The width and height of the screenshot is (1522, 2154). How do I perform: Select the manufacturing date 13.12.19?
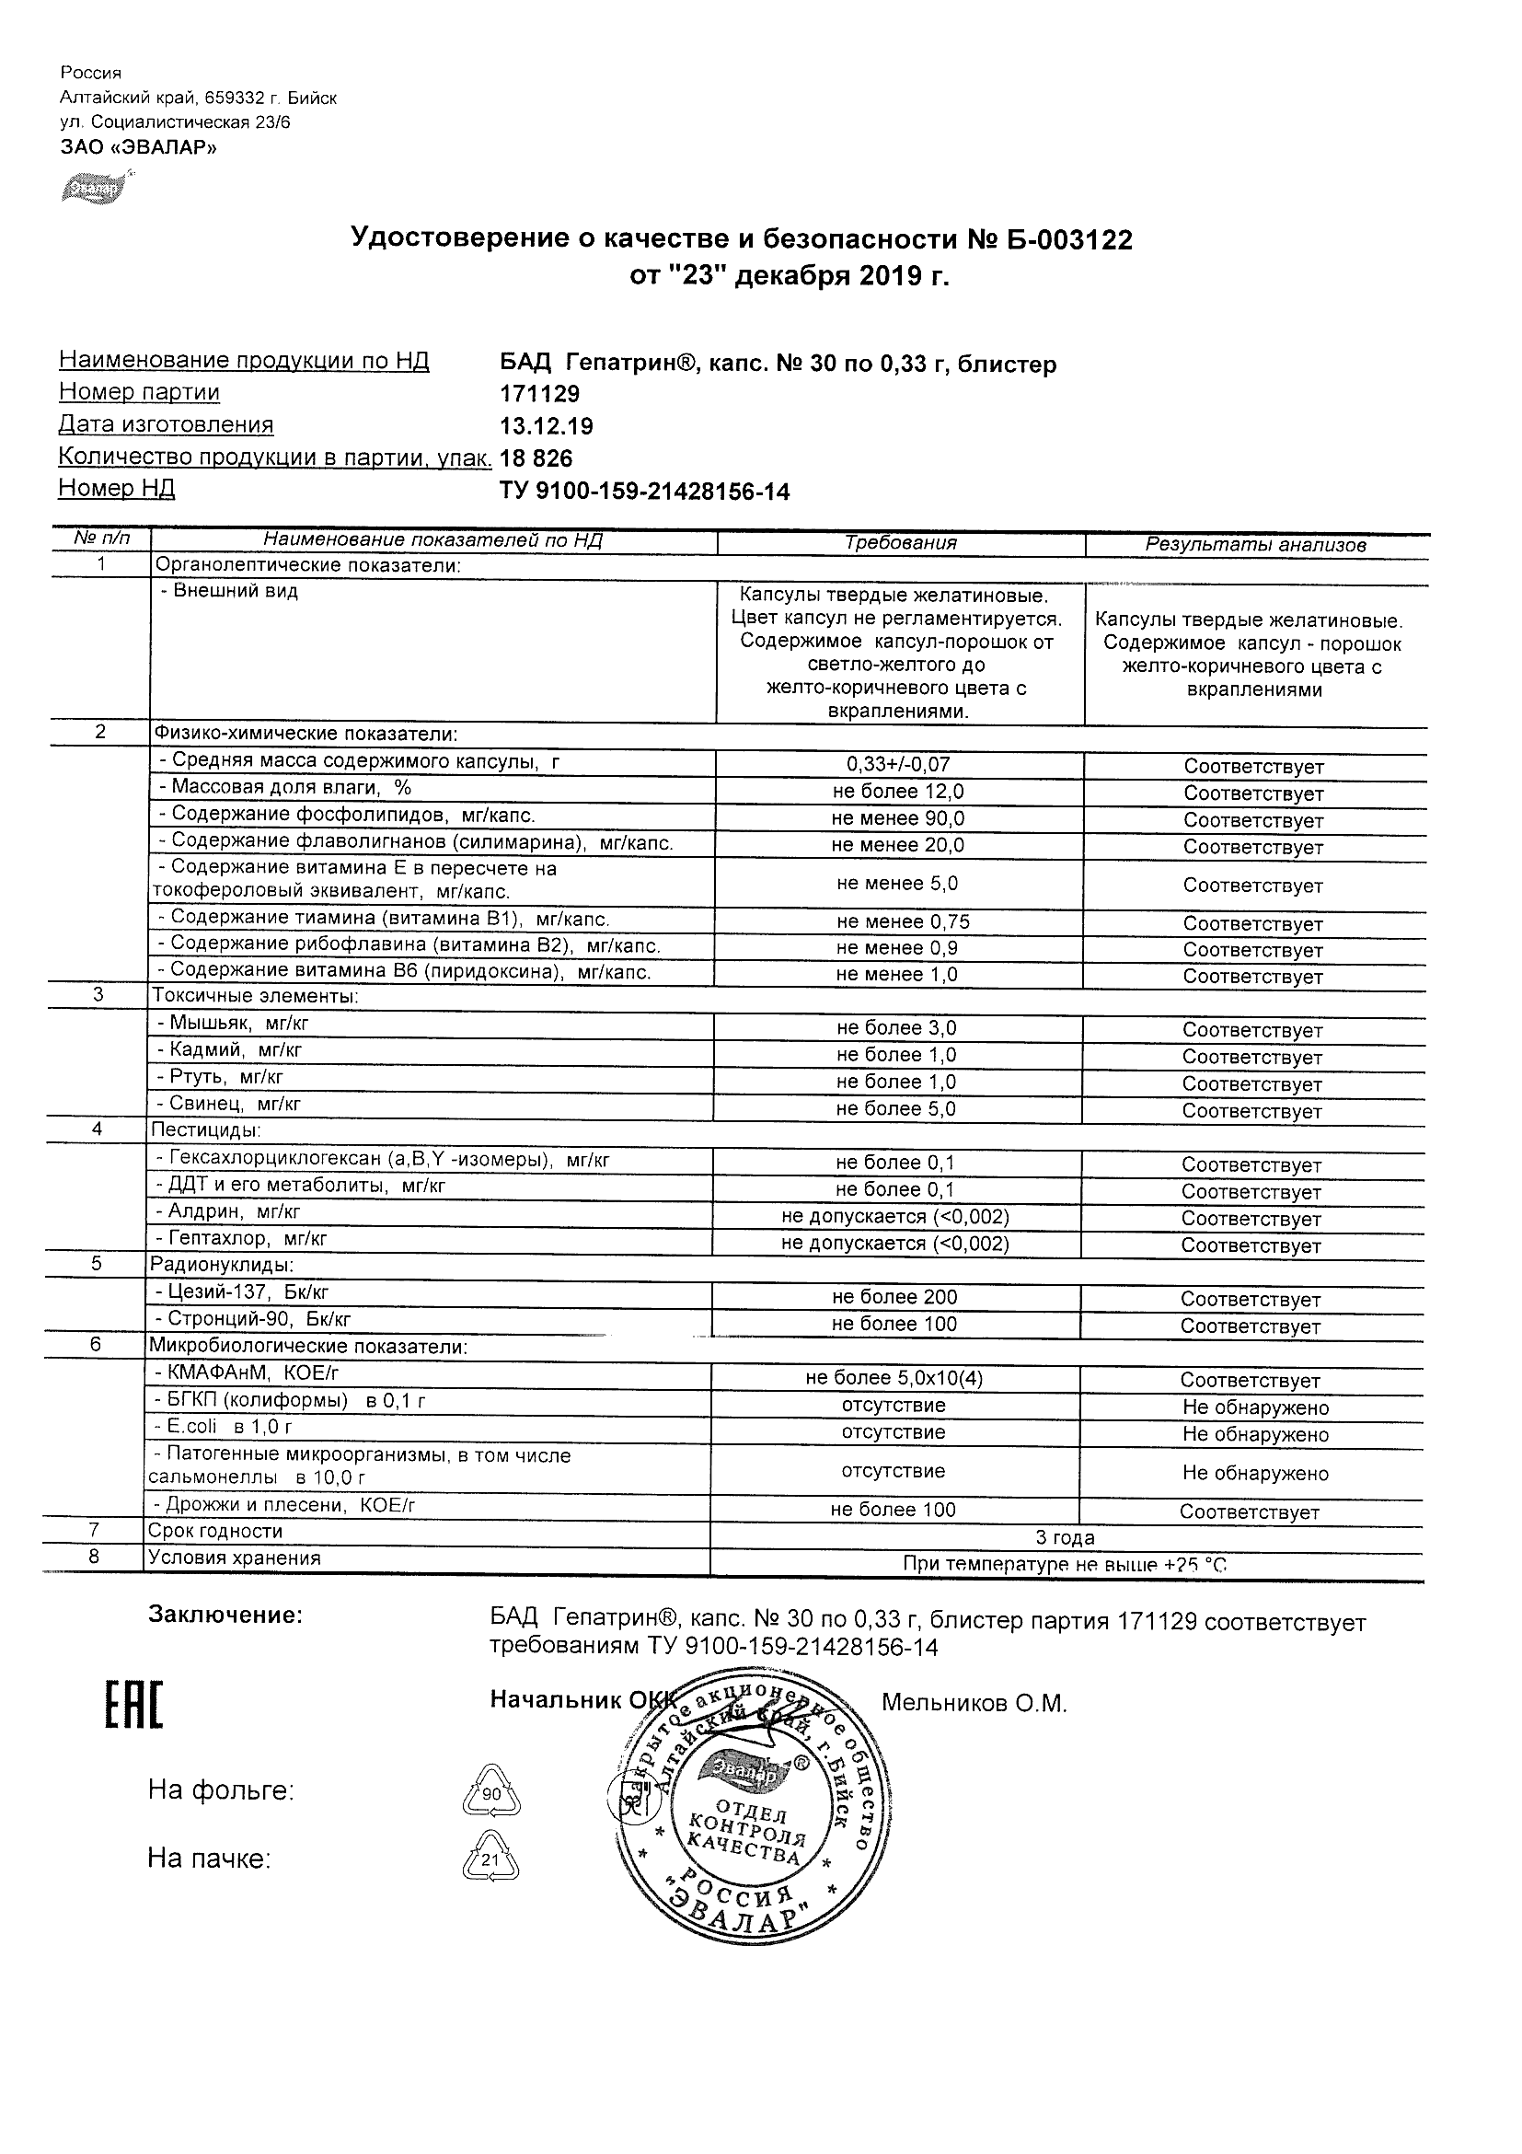click(x=546, y=427)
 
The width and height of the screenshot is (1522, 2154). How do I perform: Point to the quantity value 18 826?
click(x=536, y=458)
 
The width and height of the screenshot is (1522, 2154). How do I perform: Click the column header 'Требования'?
click(x=900, y=543)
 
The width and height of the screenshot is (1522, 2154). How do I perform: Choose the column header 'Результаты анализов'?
click(x=1256, y=545)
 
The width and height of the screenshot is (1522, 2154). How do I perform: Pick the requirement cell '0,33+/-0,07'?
click(x=897, y=766)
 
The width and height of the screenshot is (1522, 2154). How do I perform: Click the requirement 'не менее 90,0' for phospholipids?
click(x=897, y=819)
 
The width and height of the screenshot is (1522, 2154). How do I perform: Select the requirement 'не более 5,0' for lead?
click(x=896, y=1109)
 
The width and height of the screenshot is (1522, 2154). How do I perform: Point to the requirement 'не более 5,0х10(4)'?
click(x=894, y=1378)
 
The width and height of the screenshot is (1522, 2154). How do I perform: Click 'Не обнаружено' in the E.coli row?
click(x=1255, y=1434)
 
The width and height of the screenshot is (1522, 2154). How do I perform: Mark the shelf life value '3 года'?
click(x=1065, y=1537)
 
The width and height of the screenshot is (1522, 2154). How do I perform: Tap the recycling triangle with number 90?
click(x=490, y=1793)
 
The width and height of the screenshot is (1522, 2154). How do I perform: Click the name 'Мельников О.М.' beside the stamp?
click(x=974, y=1704)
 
